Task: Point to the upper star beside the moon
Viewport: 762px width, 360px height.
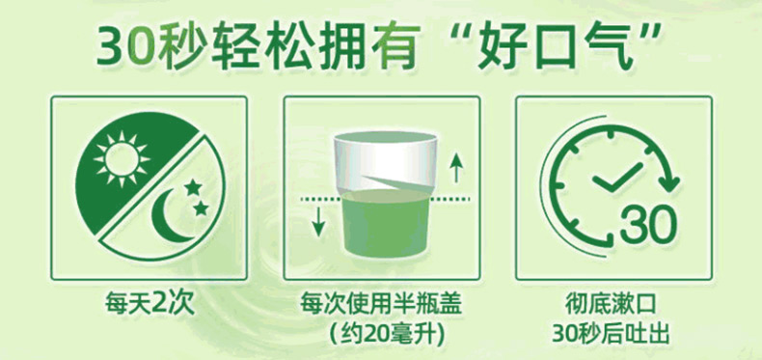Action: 193,186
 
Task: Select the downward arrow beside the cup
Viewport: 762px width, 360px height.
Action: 318,221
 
